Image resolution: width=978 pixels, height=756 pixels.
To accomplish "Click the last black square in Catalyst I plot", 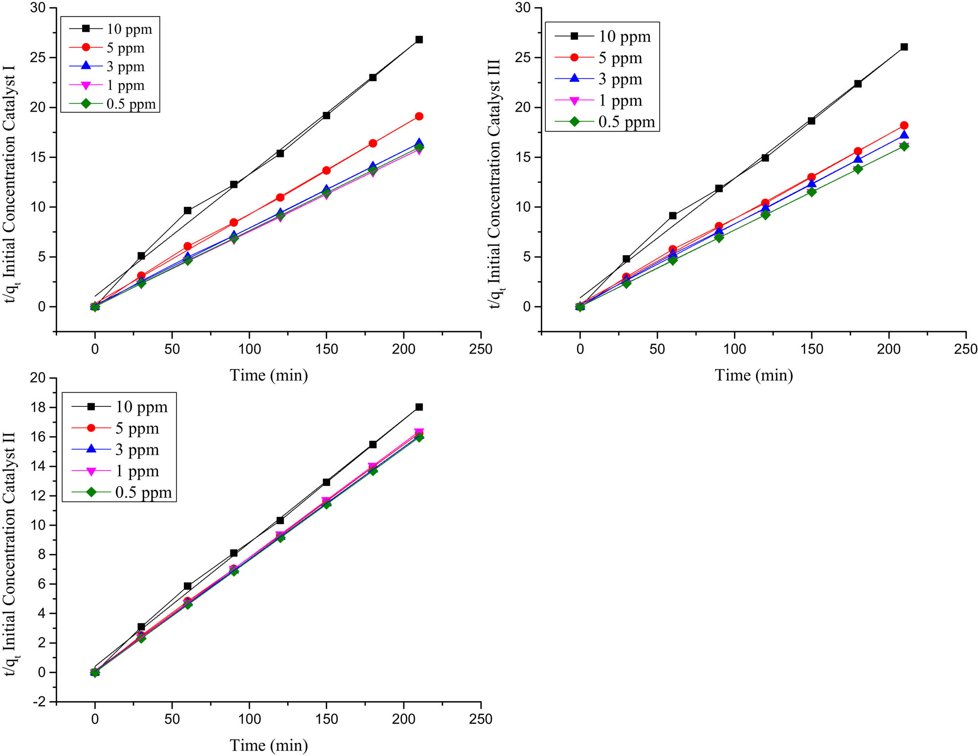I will point(419,40).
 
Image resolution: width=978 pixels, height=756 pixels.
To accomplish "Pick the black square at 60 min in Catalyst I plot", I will point(187,211).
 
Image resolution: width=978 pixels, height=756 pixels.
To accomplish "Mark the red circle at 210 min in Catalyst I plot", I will point(419,116).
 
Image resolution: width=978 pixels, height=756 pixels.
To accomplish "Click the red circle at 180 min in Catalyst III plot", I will point(858,152).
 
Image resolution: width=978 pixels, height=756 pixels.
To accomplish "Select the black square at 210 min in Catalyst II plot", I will point(419,407).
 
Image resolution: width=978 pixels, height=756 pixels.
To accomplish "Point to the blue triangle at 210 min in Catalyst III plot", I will point(904,135).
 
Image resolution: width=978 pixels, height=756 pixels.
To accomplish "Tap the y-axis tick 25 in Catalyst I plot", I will point(38,58).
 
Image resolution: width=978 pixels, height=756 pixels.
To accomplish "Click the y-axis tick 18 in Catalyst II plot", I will point(38,407).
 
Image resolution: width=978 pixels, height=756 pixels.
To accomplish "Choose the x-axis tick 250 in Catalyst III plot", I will point(966,349).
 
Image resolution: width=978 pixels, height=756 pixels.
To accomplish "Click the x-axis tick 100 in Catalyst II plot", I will point(249,719).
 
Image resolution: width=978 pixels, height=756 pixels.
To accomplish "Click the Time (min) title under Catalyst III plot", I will point(754,375).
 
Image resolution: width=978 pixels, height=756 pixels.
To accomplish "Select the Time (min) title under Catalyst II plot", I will point(268,745).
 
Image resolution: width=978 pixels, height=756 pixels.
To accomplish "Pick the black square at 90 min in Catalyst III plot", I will point(719,188).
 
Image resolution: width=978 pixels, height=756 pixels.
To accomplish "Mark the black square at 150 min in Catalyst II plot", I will point(326,482).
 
